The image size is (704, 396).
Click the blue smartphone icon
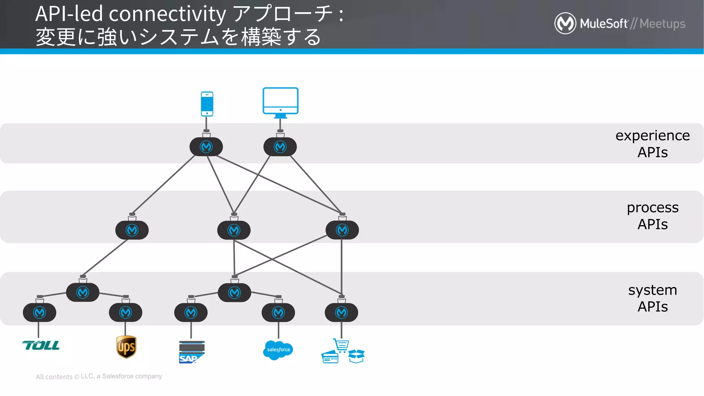click(207, 104)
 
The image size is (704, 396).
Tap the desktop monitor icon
click(280, 102)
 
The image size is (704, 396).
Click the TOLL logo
click(41, 345)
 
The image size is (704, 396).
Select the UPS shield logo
click(126, 347)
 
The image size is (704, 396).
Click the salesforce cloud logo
click(278, 350)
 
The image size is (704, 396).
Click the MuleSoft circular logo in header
click(565, 23)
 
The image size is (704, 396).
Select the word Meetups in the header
click(662, 24)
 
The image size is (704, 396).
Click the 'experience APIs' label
click(652, 144)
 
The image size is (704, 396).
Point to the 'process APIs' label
click(652, 216)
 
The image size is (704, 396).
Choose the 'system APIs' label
click(652, 298)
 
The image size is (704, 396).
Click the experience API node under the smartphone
click(206, 147)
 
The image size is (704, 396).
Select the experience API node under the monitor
click(280, 147)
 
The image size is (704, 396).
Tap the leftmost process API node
click(132, 230)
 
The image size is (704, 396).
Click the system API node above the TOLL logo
click(40, 312)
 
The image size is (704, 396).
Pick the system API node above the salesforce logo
click(278, 312)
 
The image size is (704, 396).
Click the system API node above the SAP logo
click(191, 312)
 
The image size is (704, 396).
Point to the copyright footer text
click(99, 376)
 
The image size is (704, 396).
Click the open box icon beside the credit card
click(356, 356)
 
